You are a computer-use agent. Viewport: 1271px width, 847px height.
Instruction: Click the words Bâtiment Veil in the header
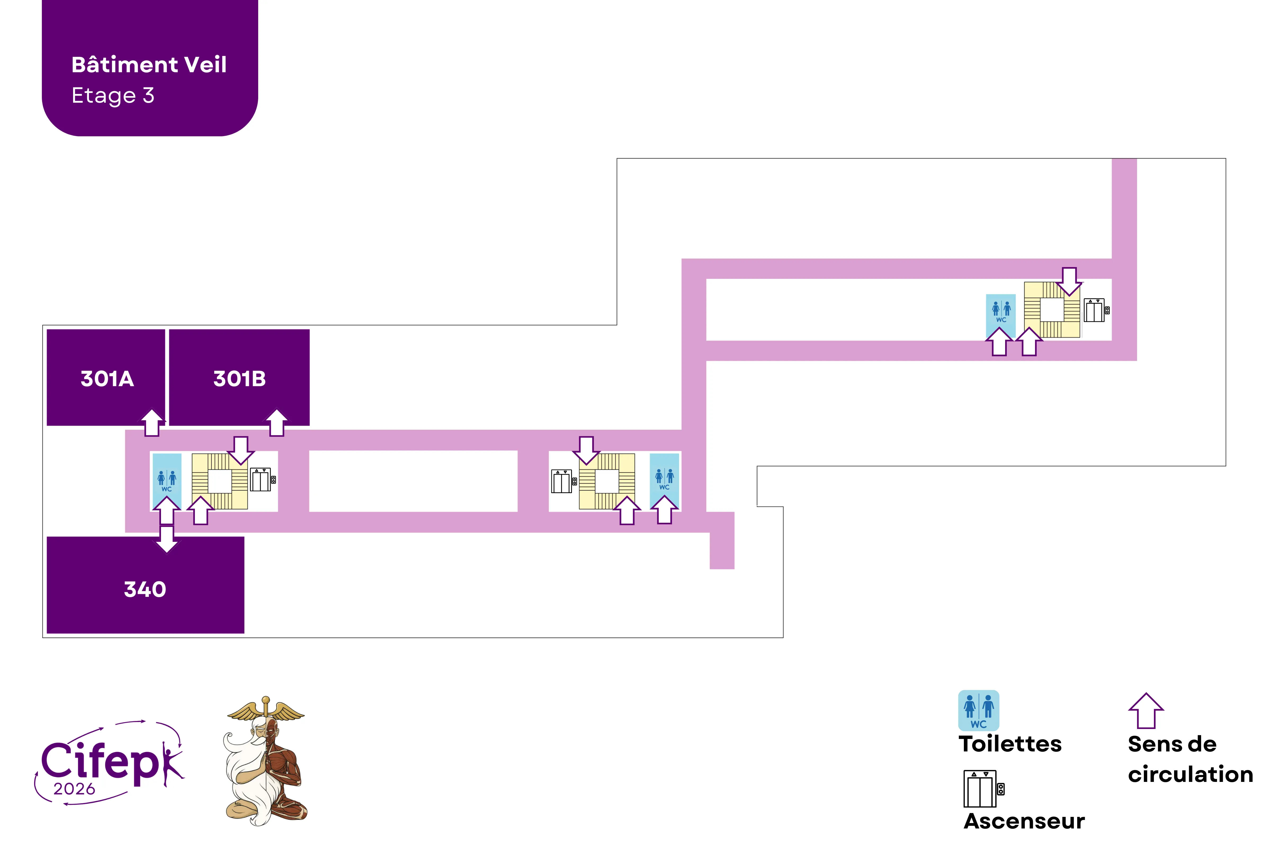point(149,65)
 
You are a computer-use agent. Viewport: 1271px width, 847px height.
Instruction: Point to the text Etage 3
point(113,96)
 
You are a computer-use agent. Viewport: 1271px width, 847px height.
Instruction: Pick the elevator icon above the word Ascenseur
point(983,789)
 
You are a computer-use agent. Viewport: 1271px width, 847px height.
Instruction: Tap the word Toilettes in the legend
point(1010,744)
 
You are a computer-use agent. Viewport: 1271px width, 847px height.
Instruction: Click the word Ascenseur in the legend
point(1024,821)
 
